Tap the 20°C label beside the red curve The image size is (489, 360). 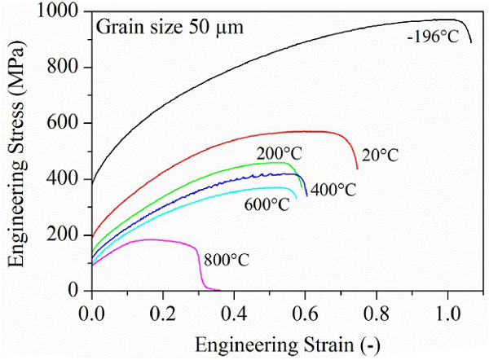click(379, 155)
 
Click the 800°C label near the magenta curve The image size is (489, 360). click(226, 260)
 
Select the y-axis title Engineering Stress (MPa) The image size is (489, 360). click(17, 152)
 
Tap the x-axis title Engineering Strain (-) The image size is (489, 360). click(282, 342)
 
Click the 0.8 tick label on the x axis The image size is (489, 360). click(377, 311)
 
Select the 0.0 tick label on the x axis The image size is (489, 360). click(92, 311)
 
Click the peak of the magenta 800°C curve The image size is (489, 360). click(151, 239)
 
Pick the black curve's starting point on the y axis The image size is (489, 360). click(92, 183)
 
